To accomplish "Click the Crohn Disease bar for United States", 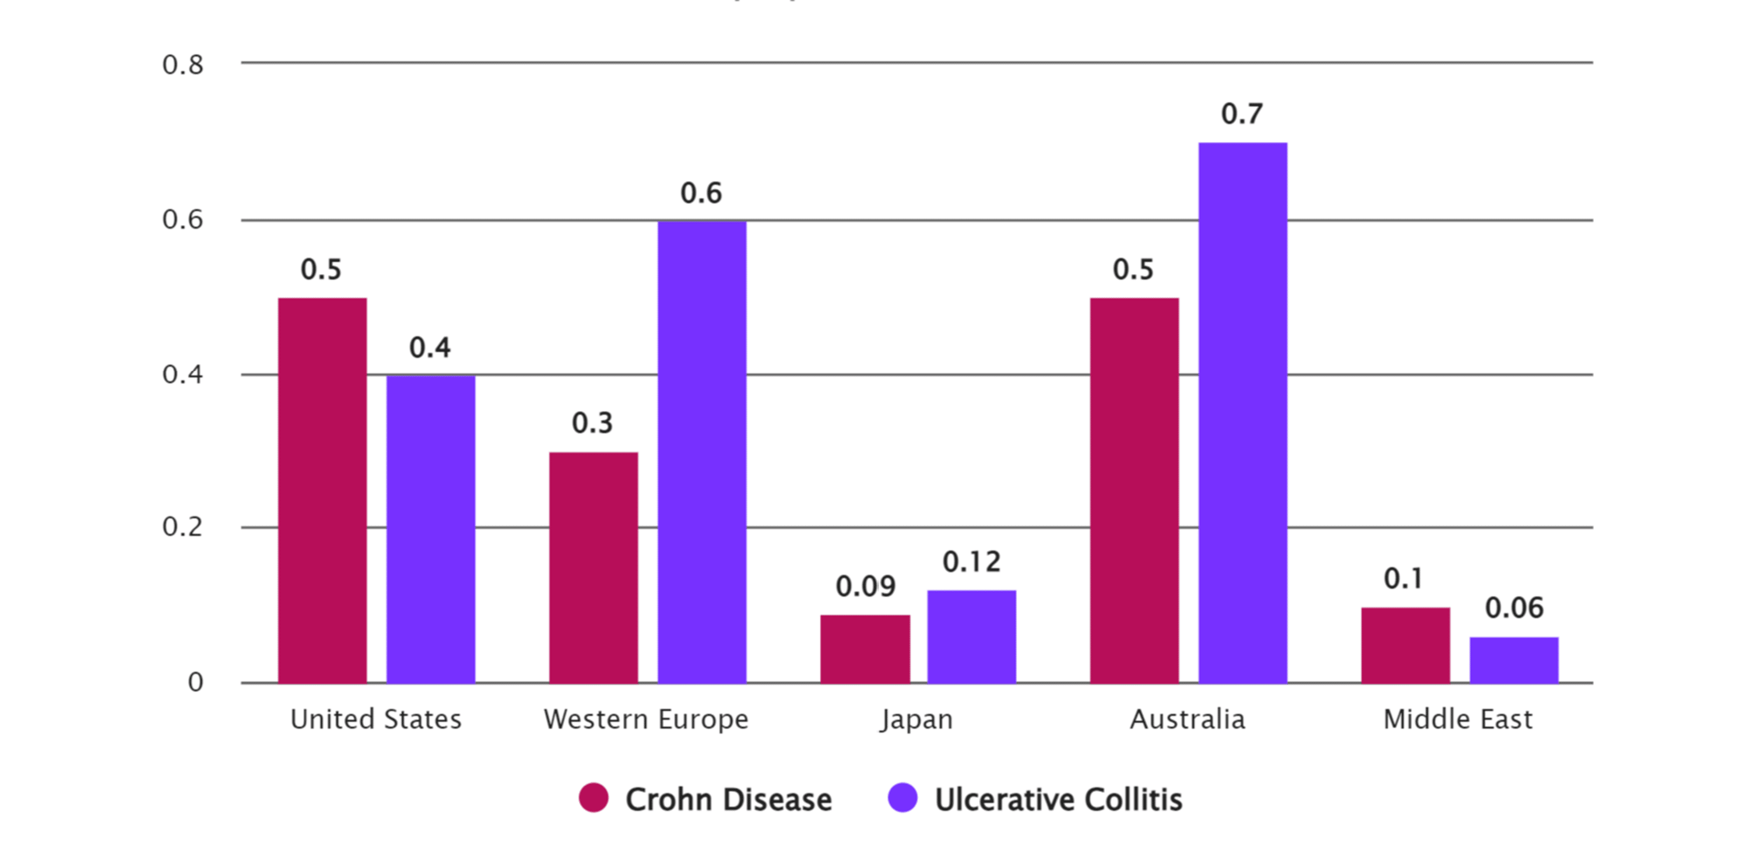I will (x=322, y=490).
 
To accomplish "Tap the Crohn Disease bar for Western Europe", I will (x=593, y=567).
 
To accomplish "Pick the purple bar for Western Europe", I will (x=702, y=451).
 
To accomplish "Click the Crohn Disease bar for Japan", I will (x=865, y=649).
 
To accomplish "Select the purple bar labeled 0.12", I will (x=972, y=637).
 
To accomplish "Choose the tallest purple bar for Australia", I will (x=1242, y=413).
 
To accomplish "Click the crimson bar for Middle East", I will (x=1406, y=645).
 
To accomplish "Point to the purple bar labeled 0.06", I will (x=1514, y=660).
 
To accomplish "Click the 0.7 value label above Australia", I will (x=1242, y=114).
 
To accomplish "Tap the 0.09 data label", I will (x=865, y=586).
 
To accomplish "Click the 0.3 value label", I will (x=592, y=423).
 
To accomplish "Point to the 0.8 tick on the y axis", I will (x=182, y=65).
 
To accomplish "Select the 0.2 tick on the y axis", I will (x=182, y=526).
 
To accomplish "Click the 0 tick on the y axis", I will (x=195, y=682).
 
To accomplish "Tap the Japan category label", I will (x=916, y=719).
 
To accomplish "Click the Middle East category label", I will (x=1457, y=719).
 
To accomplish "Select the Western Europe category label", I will (x=646, y=719).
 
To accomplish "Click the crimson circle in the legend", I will (x=593, y=798).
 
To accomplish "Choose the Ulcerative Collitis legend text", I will (x=1059, y=799).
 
